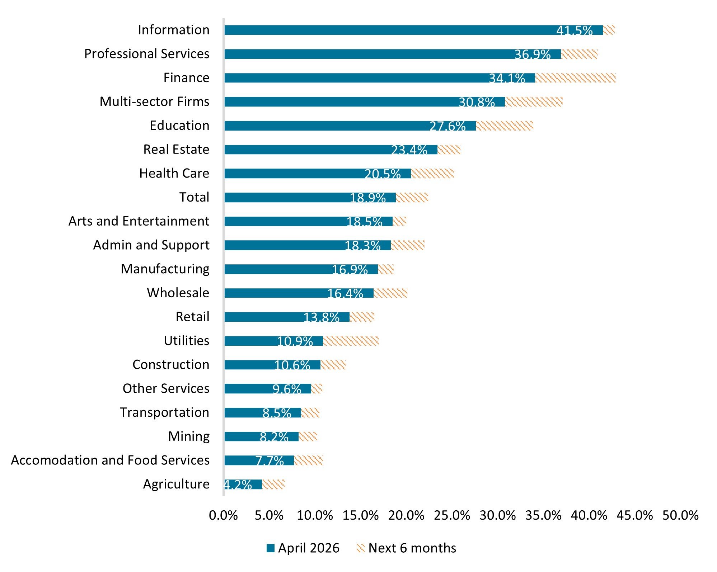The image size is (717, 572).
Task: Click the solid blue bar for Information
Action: pyautogui.click(x=413, y=30)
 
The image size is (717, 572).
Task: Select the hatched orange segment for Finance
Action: pyautogui.click(x=575, y=78)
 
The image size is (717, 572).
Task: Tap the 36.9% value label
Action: pyautogui.click(x=533, y=55)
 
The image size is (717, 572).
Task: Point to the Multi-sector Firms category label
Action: pyautogui.click(x=154, y=101)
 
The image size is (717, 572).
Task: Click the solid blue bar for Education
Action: pyautogui.click(x=350, y=126)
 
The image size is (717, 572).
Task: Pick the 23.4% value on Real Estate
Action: pyautogui.click(x=409, y=150)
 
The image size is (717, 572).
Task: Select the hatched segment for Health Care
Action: pyautogui.click(x=432, y=174)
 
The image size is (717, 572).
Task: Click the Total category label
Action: pyautogui.click(x=194, y=197)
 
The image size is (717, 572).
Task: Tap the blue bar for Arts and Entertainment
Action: pyautogui.click(x=309, y=222)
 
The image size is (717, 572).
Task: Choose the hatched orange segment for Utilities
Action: pyautogui.click(x=351, y=341)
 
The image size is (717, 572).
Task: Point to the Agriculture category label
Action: pyautogui.click(x=176, y=484)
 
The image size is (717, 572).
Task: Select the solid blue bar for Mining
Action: pyautogui.click(x=261, y=437)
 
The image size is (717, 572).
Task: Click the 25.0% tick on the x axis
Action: pyautogui.click(x=452, y=516)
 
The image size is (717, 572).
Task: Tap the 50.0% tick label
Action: pyautogui.click(x=680, y=516)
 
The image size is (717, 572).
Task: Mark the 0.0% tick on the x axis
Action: pyautogui.click(x=223, y=516)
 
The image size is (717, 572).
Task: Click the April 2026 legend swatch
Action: pyautogui.click(x=271, y=548)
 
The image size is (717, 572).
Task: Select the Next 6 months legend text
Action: pyautogui.click(x=412, y=548)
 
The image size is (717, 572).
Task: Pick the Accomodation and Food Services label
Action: pyautogui.click(x=110, y=460)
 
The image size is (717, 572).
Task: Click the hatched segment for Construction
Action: pyautogui.click(x=333, y=365)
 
